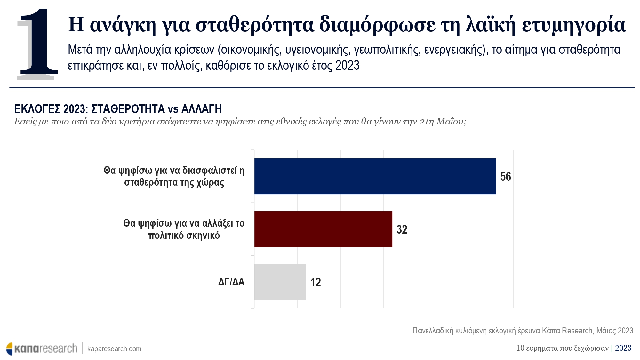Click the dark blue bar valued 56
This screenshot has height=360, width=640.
375,176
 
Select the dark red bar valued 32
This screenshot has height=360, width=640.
323,229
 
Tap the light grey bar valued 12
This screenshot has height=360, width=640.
280,282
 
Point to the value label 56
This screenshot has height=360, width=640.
506,177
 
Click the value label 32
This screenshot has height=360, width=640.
402,230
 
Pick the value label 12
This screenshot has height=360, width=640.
316,283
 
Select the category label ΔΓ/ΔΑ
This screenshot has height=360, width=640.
231,282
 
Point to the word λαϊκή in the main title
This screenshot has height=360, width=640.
491,25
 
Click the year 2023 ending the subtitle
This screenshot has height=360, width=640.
347,66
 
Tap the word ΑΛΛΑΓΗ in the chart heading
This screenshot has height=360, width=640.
201,109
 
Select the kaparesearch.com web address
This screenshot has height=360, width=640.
114,349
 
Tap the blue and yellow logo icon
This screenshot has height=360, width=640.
10,349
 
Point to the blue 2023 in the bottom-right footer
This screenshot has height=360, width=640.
623,348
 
